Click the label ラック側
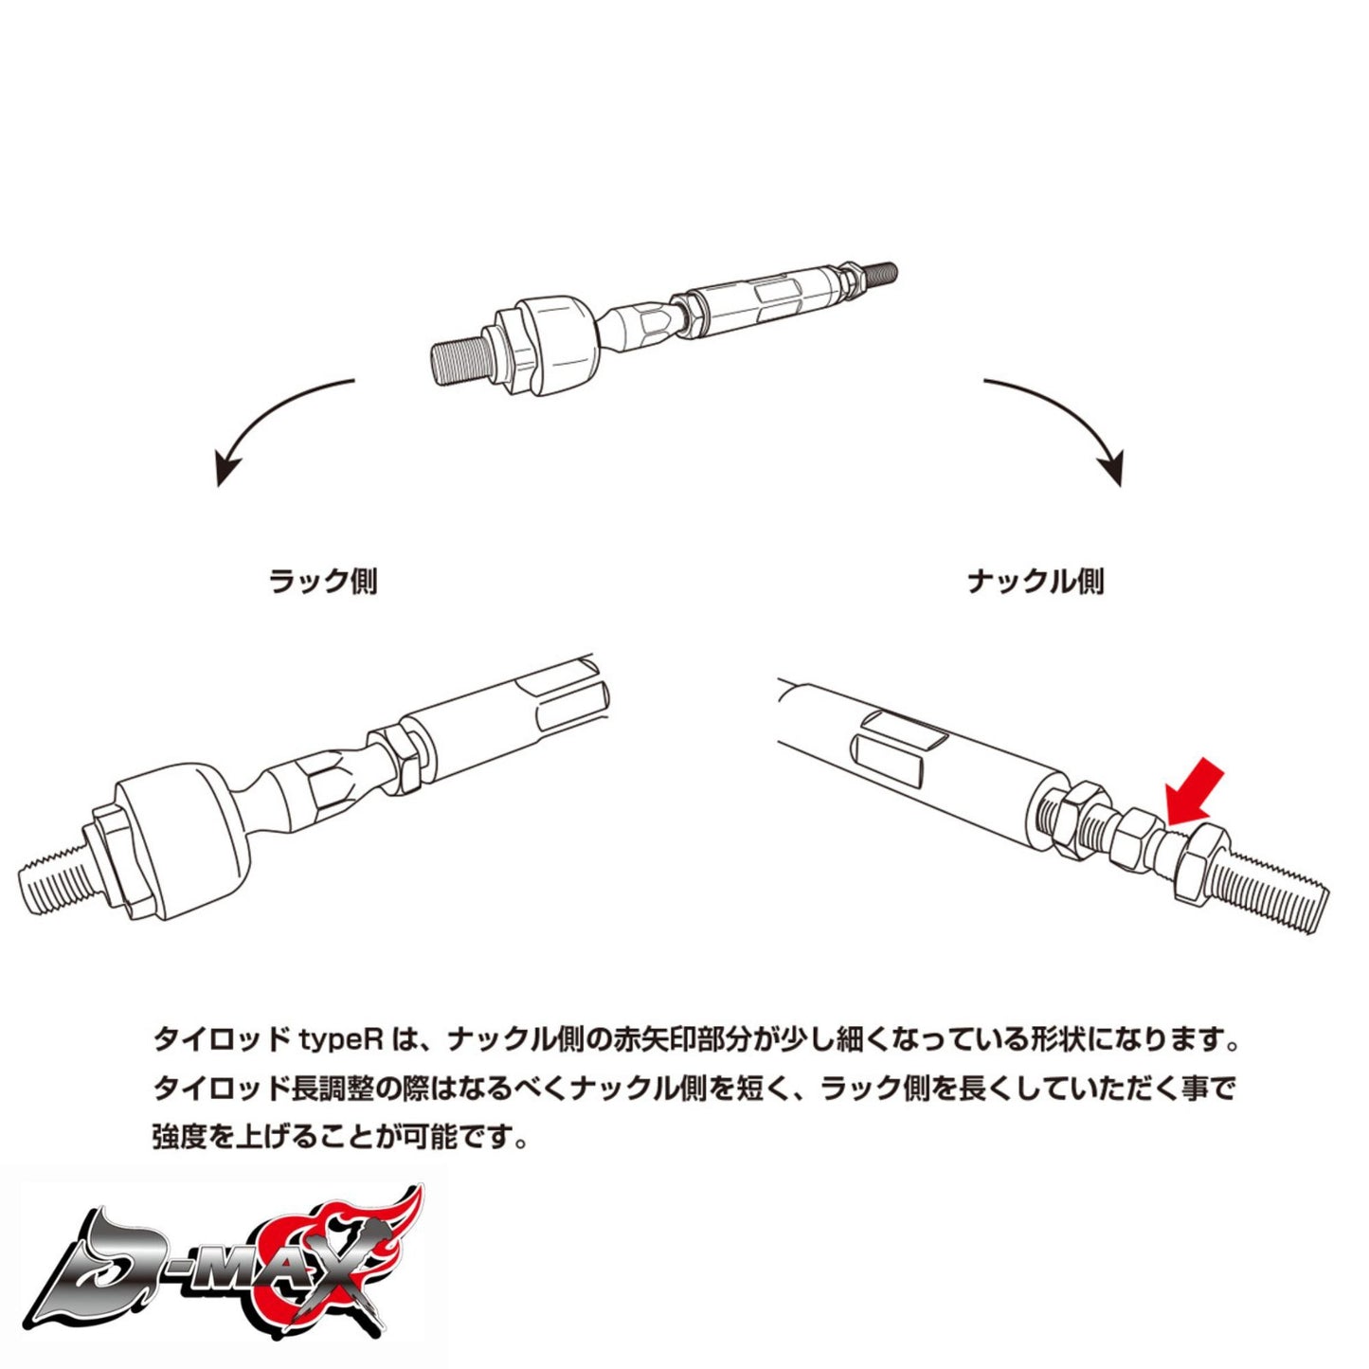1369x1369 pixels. pyautogui.click(x=323, y=580)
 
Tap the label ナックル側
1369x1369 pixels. pyautogui.click(x=1036, y=580)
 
